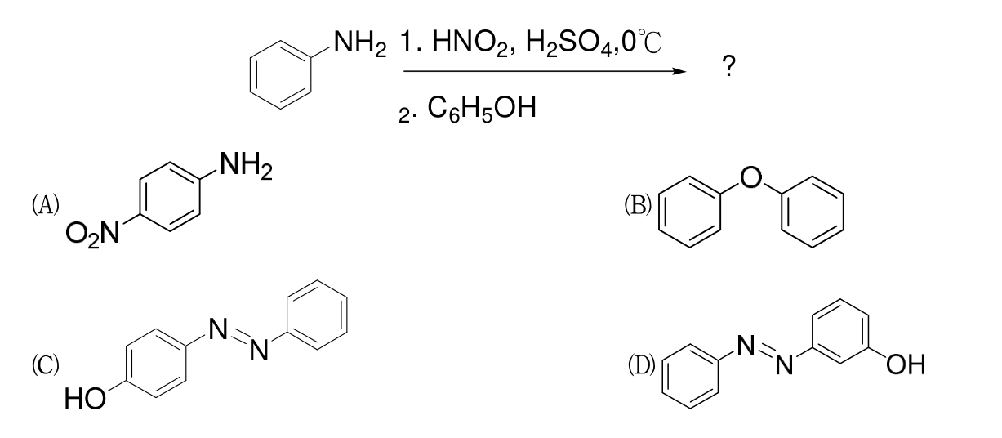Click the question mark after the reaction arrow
coord(728,65)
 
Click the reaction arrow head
coord(679,71)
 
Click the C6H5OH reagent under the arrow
coord(482,109)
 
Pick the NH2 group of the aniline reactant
coord(360,44)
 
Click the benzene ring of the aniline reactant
coord(280,74)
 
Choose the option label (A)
coord(46,204)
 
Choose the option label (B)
coord(638,205)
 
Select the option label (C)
coord(46,364)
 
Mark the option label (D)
coord(641,365)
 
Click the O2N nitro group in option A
coord(92,234)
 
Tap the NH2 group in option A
coord(246,165)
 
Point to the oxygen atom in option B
coord(751,177)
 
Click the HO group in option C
coord(85,399)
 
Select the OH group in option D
coord(906,364)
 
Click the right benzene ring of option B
coord(813,212)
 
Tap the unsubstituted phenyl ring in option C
coord(317,315)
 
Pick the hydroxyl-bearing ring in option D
coord(839,331)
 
